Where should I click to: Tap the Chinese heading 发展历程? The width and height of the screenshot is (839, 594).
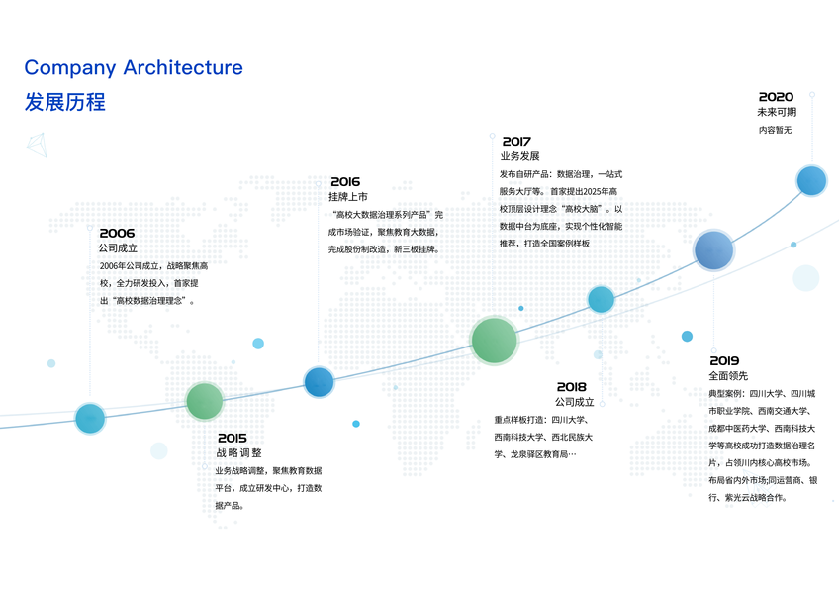tap(65, 103)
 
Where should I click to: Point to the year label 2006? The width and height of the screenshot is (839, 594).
tap(117, 233)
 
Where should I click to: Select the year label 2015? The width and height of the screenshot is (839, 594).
tap(233, 438)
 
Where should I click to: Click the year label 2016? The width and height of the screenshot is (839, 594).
tap(345, 181)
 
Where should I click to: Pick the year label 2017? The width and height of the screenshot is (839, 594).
tap(516, 142)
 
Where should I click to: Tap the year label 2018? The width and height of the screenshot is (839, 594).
tap(571, 387)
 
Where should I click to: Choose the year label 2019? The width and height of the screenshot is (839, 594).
tap(724, 360)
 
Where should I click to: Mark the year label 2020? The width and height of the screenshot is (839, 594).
tap(776, 97)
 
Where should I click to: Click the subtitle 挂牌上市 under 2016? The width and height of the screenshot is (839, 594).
tap(348, 197)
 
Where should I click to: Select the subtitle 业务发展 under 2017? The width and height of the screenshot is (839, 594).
tap(519, 156)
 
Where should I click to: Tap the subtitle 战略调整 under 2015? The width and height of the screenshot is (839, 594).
tap(238, 452)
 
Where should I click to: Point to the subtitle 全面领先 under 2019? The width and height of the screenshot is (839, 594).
tap(728, 376)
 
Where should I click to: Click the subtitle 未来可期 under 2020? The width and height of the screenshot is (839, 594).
tap(776, 112)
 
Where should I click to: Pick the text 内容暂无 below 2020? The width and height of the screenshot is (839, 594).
tap(775, 130)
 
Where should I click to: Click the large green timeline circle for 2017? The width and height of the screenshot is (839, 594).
tap(494, 340)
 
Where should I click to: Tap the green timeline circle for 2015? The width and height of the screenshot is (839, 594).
tap(205, 401)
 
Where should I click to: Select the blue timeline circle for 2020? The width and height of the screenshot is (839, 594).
tap(811, 180)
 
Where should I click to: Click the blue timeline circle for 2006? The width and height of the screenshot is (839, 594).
tap(90, 418)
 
